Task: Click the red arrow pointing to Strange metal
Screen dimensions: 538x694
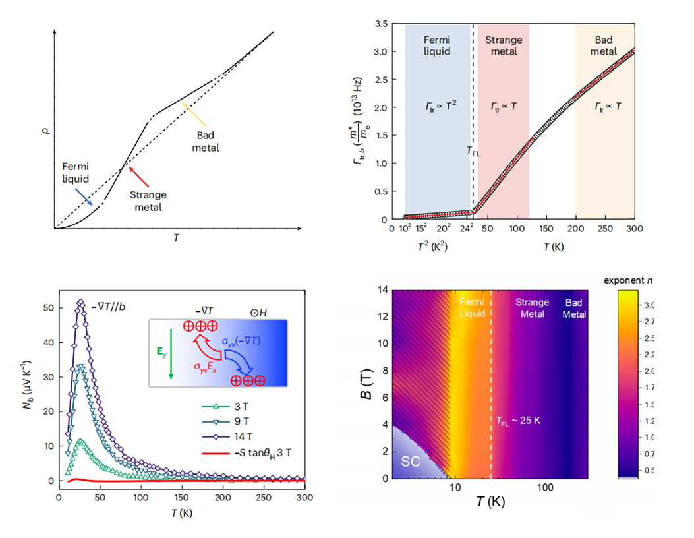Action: (x=139, y=177)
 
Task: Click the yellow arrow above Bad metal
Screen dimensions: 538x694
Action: (x=188, y=111)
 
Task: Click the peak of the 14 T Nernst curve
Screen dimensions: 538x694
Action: (x=81, y=303)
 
